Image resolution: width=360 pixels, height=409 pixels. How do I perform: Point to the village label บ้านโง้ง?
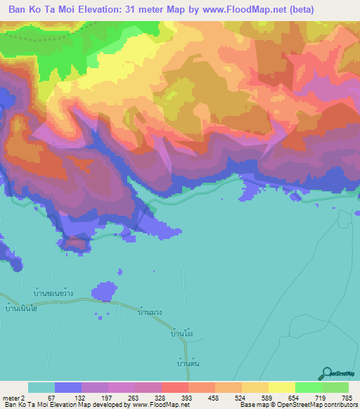(x=181, y=335)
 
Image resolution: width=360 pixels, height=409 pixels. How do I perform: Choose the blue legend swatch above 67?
(x=68, y=387)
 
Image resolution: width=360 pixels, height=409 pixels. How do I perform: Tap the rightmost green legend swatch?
(x=335, y=387)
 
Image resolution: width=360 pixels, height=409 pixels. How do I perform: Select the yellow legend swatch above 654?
(x=282, y=387)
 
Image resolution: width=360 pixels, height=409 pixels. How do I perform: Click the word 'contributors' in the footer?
(x=340, y=405)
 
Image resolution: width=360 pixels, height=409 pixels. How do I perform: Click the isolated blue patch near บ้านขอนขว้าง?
(x=103, y=290)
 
